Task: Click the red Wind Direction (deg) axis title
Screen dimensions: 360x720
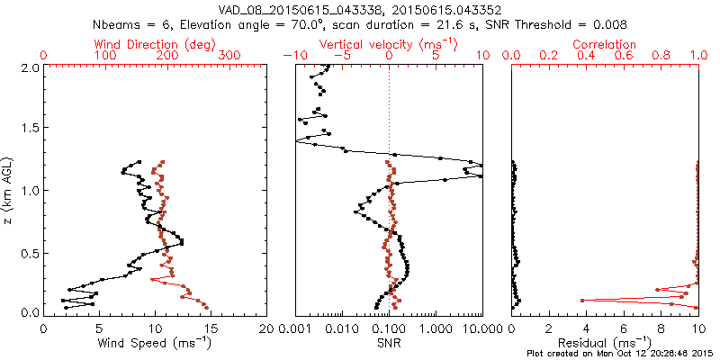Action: point(155,44)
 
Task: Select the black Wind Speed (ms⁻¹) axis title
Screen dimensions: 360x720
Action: point(155,343)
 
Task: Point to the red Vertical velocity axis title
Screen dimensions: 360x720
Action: point(388,44)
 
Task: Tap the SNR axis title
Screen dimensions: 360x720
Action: point(388,343)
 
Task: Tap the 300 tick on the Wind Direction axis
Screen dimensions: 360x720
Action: point(229,56)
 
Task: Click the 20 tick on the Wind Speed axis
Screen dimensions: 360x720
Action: point(266,328)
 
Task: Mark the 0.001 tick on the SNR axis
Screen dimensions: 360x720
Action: point(297,328)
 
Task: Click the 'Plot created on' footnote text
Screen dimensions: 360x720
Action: point(620,354)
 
